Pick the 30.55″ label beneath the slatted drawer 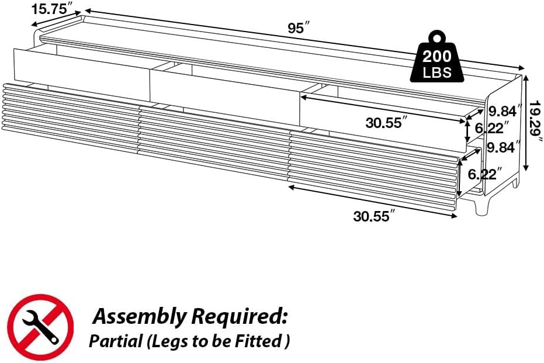[374, 216]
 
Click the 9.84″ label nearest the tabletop [505, 111]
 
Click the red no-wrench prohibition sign [41, 327]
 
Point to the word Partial [116, 341]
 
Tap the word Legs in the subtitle [168, 341]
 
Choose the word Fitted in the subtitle [264, 341]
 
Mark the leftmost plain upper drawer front [82, 68]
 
